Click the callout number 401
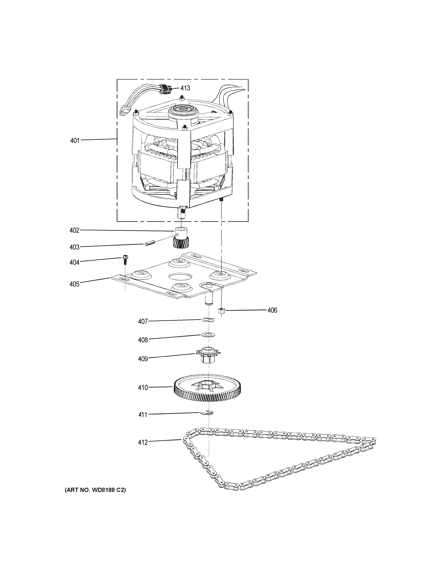click(x=75, y=141)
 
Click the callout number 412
click(x=143, y=442)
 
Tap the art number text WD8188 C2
click(x=95, y=490)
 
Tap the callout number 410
click(x=143, y=387)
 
